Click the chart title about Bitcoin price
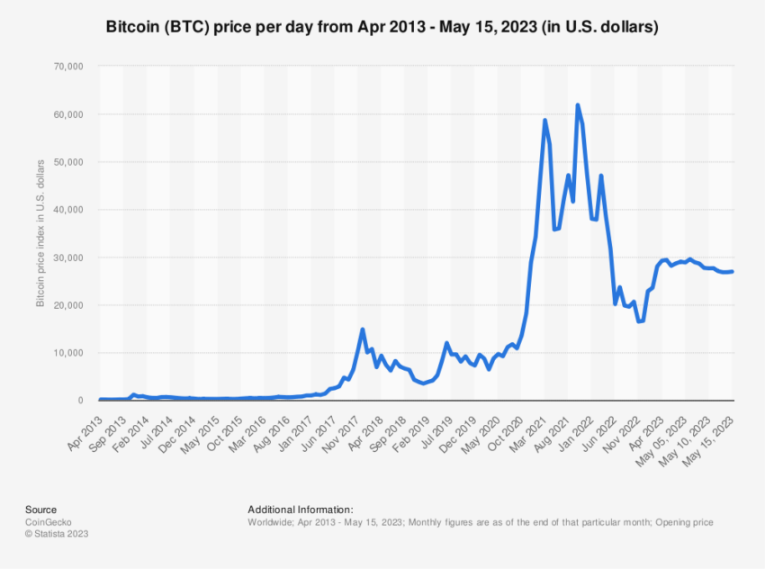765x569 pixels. (x=382, y=27)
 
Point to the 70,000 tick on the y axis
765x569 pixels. (x=68, y=67)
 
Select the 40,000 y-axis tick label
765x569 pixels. (x=68, y=210)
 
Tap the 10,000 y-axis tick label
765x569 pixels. (x=68, y=353)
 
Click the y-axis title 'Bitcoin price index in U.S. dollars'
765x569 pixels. (x=40, y=233)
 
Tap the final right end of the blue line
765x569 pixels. (x=733, y=272)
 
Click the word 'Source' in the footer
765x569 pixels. (x=40, y=510)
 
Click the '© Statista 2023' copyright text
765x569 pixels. (x=57, y=533)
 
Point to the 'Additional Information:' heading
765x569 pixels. (x=300, y=510)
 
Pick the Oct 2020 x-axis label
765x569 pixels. (x=505, y=425)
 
